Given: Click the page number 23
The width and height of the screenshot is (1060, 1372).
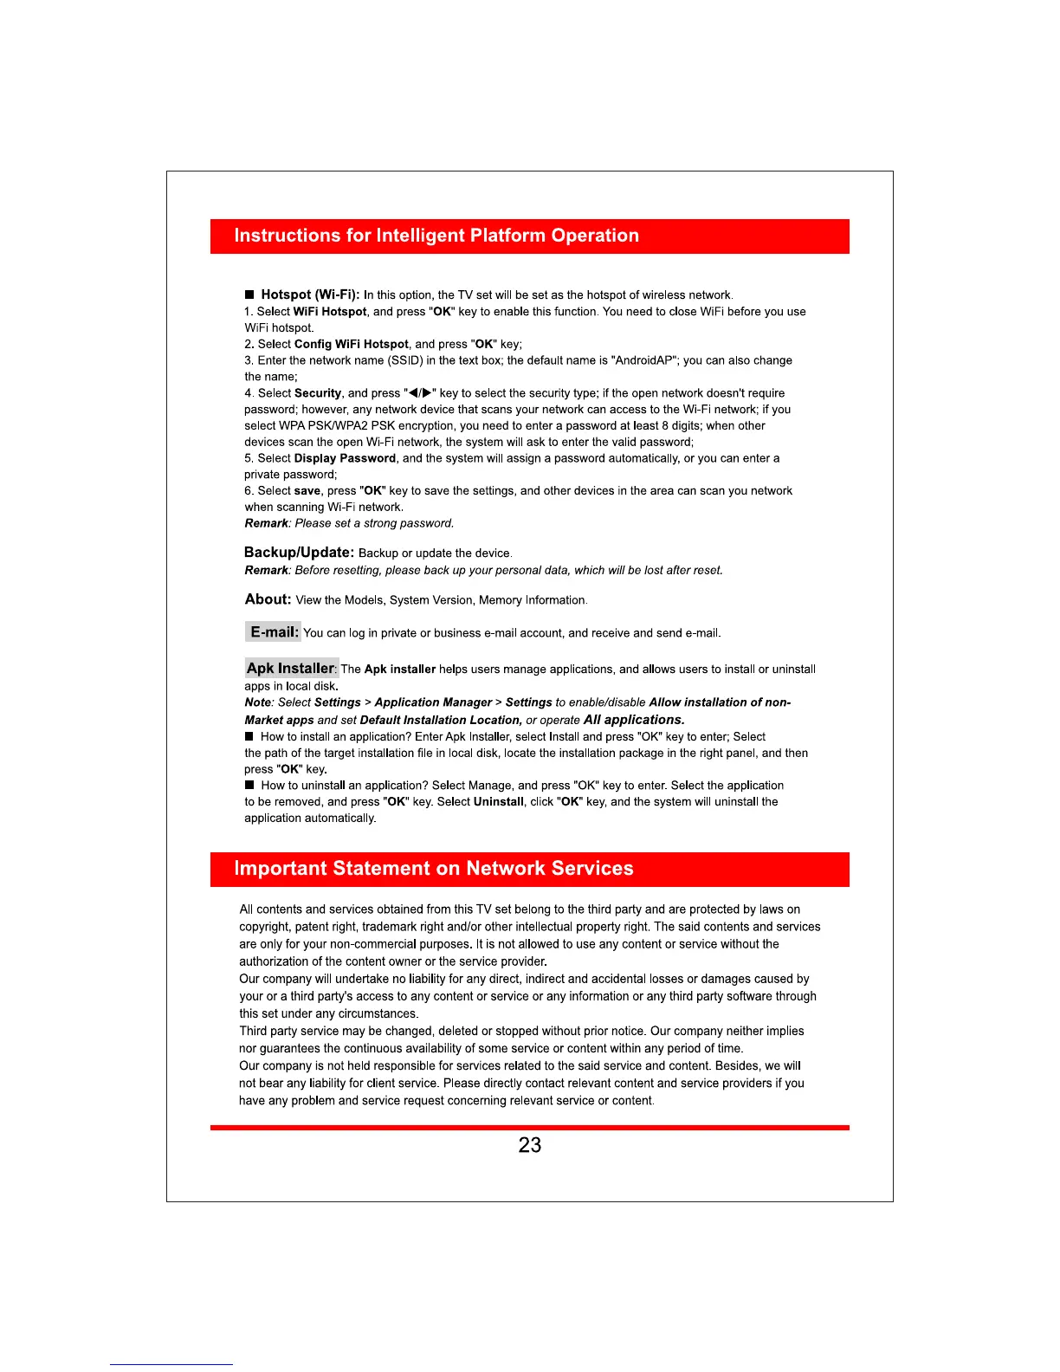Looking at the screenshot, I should point(529,1145).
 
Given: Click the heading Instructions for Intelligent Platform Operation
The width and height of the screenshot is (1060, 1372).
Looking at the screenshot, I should point(436,236).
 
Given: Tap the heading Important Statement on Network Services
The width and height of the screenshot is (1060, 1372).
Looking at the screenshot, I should point(434,869).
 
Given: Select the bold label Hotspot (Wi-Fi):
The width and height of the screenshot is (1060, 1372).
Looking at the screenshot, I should point(310,294).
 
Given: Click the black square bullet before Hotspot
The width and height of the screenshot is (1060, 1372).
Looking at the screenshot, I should point(249,294).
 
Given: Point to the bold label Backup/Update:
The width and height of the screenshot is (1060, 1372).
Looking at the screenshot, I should point(299,553).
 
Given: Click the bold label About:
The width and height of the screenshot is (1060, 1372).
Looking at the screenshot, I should point(268,599).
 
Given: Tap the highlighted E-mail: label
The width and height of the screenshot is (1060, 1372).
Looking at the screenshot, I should point(274,632).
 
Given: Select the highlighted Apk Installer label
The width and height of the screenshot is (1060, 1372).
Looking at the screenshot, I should point(291,668).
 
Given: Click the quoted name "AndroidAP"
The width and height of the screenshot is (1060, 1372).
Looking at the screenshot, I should point(644,360).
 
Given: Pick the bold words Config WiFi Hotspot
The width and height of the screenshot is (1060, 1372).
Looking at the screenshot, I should point(352,344).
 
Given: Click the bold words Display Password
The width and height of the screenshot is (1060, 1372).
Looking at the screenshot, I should point(345,458).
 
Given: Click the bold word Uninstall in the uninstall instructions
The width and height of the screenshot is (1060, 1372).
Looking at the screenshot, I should point(499,802).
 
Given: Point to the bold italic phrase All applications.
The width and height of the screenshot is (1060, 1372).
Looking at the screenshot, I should point(634,720).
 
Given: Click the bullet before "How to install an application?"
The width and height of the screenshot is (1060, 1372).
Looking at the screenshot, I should point(249,736).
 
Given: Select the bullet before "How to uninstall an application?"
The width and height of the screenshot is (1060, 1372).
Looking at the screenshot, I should point(249,785).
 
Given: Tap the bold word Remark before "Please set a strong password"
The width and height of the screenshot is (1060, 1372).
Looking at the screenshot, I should point(266,523).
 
